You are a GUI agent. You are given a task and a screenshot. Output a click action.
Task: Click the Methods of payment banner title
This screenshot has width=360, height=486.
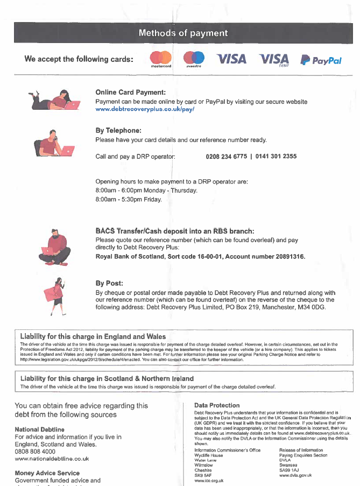click(183, 33)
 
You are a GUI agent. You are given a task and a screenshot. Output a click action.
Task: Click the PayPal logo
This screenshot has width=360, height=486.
click(321, 60)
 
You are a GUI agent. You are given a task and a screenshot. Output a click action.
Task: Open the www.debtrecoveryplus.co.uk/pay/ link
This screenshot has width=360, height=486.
click(144, 109)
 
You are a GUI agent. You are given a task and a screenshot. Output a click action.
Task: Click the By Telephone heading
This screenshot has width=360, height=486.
click(118, 130)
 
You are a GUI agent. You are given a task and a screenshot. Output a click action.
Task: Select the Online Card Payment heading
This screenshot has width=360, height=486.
click(130, 92)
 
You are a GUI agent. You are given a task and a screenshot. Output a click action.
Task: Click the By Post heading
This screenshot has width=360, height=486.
click(109, 283)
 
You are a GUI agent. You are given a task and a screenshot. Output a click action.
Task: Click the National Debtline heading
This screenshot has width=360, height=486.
click(39, 429)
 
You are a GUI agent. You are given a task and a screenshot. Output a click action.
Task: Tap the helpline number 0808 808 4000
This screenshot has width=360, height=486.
click(35, 452)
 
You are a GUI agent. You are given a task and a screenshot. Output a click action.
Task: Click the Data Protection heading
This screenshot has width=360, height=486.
click(217, 405)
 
